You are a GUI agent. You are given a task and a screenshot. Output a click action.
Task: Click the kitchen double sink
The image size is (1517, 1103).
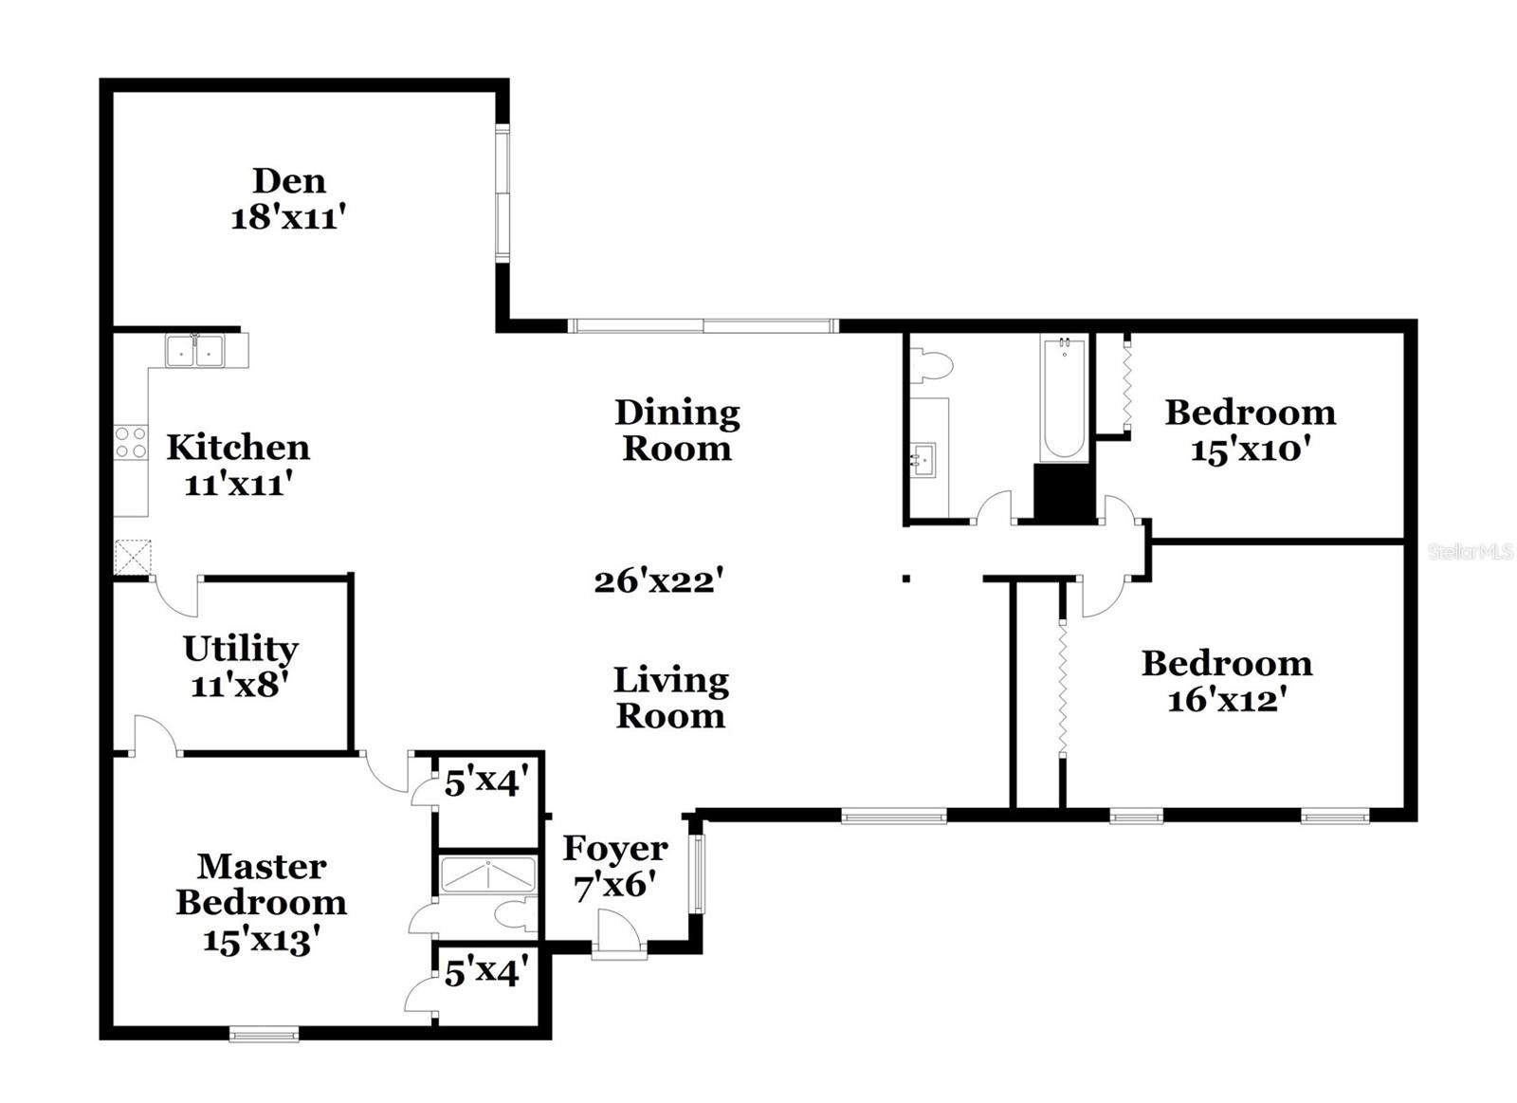[x=194, y=350]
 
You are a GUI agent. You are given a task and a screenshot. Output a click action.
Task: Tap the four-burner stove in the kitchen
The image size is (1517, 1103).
[x=131, y=442]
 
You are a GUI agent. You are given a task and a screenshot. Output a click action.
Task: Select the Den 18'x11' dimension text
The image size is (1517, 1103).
[x=287, y=219]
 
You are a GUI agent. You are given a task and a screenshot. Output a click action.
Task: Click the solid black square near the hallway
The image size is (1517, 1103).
[x=1063, y=492]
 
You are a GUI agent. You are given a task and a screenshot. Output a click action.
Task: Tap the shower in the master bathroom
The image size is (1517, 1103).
[x=487, y=874]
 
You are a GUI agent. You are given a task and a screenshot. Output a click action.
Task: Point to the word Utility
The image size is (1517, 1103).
[x=240, y=649]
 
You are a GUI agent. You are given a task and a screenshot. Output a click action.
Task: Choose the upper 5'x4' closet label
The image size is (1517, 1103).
[x=484, y=783]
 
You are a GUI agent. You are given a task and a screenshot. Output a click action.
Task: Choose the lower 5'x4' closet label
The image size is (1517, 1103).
[x=484, y=972]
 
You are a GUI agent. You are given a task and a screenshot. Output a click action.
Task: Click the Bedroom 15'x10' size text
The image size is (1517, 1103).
[x=1250, y=450]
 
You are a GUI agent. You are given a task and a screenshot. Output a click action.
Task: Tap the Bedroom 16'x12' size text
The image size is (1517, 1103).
[x=1226, y=700]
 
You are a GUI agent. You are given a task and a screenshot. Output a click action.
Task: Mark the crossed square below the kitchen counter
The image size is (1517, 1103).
[x=133, y=557]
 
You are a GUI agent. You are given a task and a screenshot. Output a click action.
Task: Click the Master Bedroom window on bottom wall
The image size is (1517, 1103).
[x=265, y=1034]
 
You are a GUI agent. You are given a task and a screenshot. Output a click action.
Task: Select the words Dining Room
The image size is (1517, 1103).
[x=676, y=430]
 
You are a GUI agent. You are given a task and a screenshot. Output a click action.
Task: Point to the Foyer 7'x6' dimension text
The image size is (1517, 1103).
[x=615, y=885]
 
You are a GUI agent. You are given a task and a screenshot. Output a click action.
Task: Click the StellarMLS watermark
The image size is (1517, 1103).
[x=1470, y=551]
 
